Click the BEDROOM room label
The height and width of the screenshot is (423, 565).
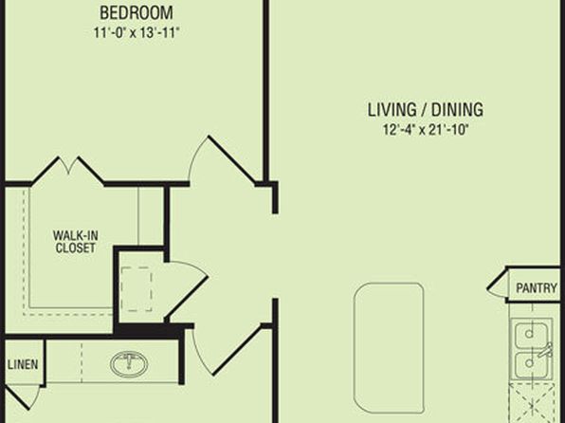click(x=137, y=13)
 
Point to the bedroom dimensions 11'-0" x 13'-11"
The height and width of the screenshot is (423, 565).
click(x=137, y=33)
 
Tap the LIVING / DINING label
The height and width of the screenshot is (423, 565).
click(x=426, y=110)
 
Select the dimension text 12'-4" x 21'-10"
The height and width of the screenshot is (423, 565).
click(x=426, y=129)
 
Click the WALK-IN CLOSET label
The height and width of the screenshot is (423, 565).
click(x=75, y=242)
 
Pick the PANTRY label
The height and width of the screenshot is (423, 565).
click(x=537, y=287)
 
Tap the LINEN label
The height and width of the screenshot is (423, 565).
click(x=23, y=364)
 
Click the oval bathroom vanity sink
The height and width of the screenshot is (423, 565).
click(x=129, y=363)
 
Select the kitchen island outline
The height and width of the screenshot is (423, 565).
click(x=389, y=347)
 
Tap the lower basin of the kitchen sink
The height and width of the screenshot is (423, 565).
click(x=531, y=364)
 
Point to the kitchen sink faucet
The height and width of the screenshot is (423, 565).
click(x=545, y=351)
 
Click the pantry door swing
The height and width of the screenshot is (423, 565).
click(x=497, y=285)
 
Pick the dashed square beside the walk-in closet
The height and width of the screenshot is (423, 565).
click(x=137, y=289)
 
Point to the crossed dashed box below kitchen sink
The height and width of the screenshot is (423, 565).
click(x=532, y=403)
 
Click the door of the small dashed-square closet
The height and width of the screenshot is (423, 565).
click(x=188, y=291)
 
